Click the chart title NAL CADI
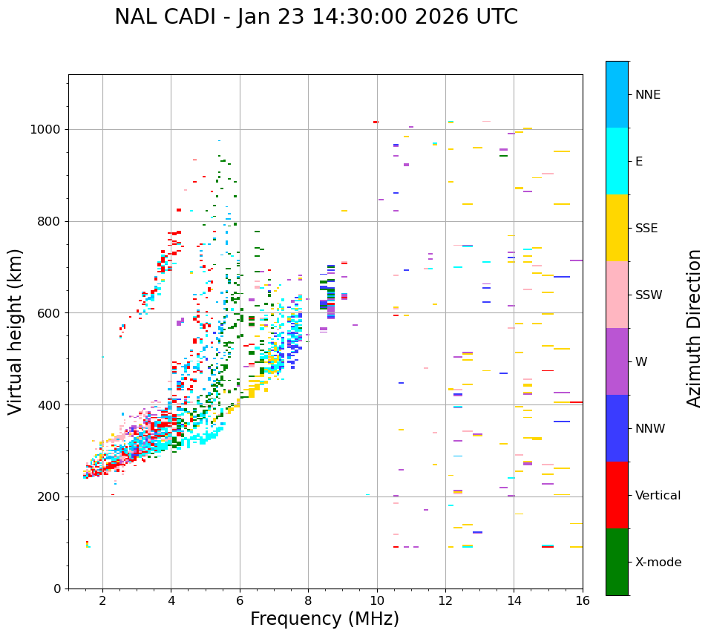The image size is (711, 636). [316, 17]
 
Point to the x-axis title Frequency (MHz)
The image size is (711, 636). [324, 619]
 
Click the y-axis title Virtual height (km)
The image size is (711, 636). [16, 332]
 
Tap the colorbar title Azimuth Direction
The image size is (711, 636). [694, 328]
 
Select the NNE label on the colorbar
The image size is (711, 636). [647, 95]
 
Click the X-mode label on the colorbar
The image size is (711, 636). [658, 563]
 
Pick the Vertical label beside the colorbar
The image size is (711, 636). [658, 496]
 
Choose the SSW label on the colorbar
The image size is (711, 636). [649, 295]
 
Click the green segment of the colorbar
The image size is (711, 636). [617, 562]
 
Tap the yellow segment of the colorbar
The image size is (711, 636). [617, 228]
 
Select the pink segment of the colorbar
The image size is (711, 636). [617, 295]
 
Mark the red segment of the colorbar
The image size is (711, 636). [617, 495]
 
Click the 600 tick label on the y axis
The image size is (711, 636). [52, 313]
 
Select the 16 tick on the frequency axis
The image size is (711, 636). [583, 601]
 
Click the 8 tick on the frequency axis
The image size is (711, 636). [308, 601]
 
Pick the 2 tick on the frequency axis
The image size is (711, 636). [102, 601]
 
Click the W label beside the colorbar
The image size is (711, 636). [640, 362]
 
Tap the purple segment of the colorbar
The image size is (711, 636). [617, 361]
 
